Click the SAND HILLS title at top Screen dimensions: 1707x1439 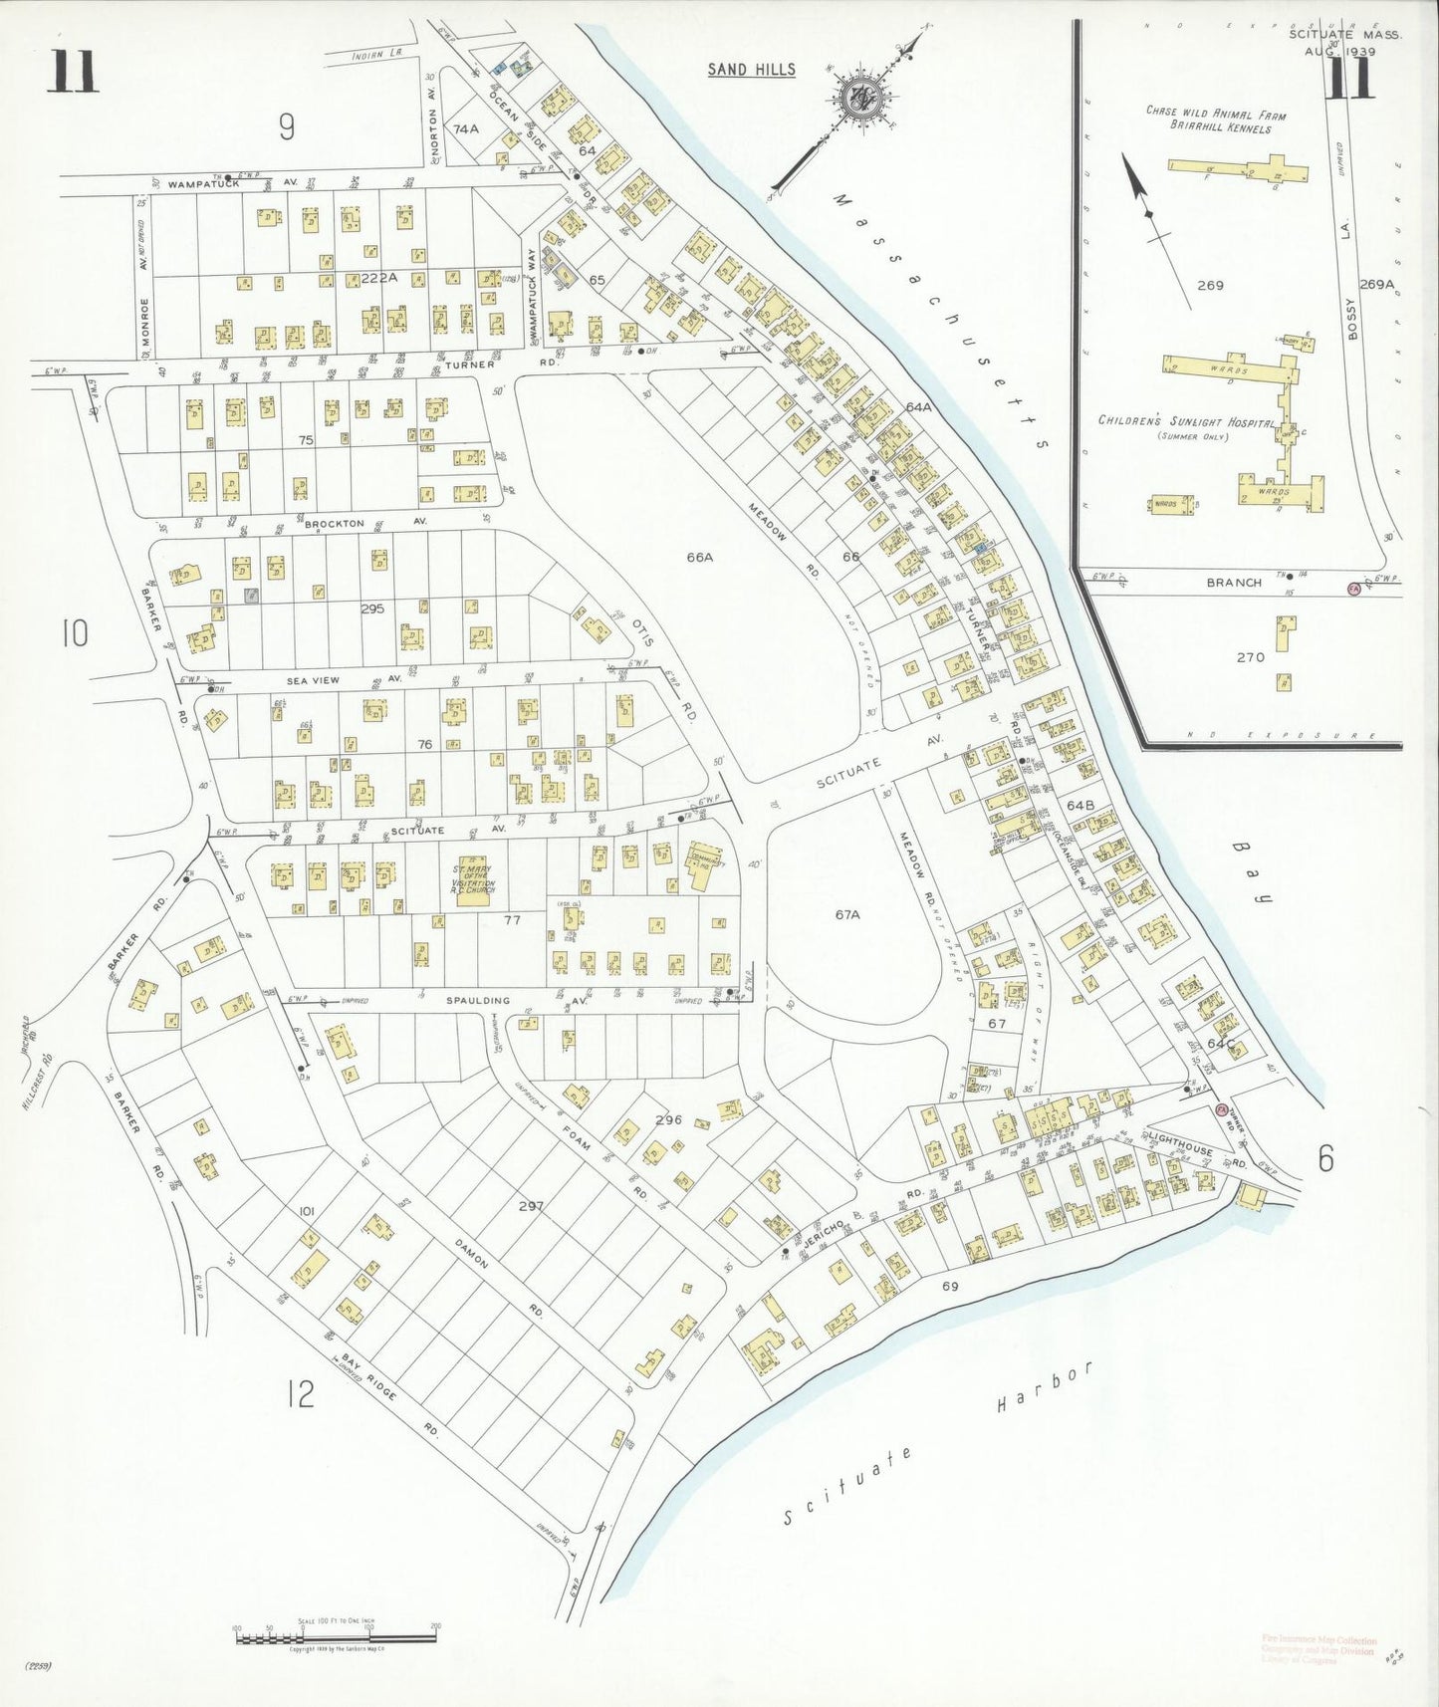[752, 69]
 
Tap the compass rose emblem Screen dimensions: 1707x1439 [858, 99]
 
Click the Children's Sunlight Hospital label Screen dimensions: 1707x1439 [1186, 422]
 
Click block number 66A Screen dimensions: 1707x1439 [700, 558]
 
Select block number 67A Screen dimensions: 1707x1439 [846, 913]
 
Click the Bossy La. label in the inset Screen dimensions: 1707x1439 [1351, 321]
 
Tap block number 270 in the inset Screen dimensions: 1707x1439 [1250, 657]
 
